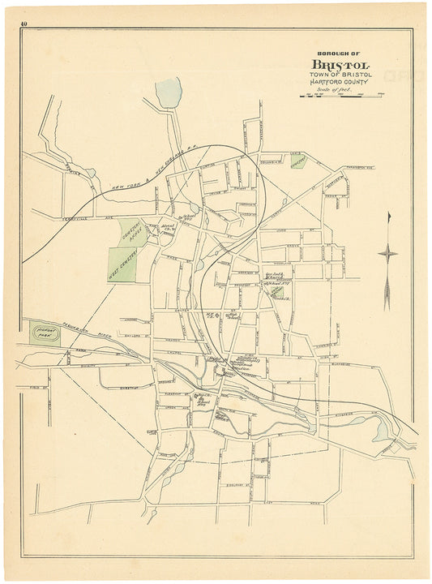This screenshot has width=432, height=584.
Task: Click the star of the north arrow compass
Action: (388, 255)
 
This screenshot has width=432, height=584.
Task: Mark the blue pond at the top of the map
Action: (168, 92)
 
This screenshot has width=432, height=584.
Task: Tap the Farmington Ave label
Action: (359, 167)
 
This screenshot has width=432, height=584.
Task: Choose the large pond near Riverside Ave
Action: (381, 432)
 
